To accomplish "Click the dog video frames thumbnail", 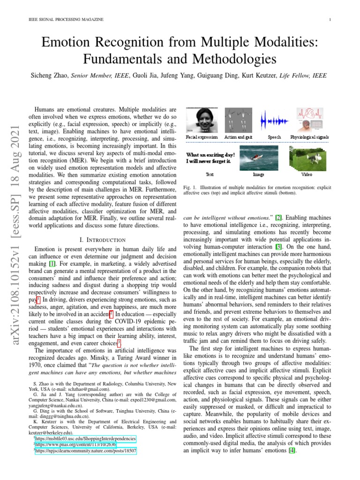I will point(306,157).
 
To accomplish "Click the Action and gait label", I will point(238,137).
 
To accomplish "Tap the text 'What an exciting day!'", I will point(210,154).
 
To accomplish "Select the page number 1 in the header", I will point(330,19).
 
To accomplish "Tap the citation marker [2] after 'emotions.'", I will point(278,217).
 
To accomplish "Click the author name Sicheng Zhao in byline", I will point(50,75).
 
